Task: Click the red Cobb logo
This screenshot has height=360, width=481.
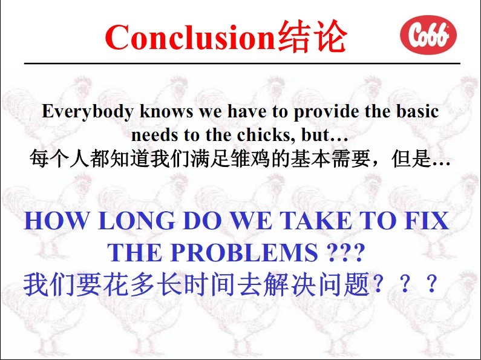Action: coord(428,34)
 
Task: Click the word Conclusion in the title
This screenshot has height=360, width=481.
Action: coord(190,37)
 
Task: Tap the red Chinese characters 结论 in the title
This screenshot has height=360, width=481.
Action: coord(312,36)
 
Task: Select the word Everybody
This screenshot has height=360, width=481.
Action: coord(87,111)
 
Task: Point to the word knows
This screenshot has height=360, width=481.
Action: coord(166,111)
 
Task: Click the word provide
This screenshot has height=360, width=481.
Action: coord(326,111)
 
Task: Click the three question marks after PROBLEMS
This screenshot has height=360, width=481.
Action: coord(345,252)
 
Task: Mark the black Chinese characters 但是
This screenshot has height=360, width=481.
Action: coord(411,159)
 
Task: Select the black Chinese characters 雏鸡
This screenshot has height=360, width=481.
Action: coord(251,159)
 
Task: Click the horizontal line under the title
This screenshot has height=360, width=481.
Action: coord(243,64)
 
